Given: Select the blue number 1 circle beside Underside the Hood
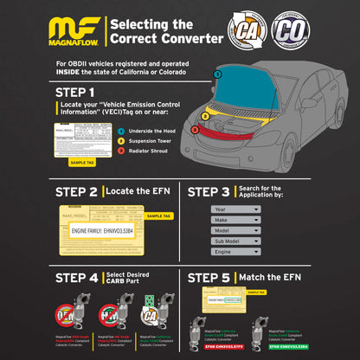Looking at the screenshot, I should (121, 129).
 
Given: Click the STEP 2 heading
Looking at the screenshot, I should (75, 190).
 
